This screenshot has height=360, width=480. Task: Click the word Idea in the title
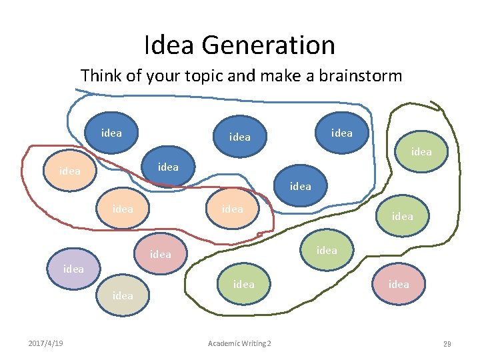point(169,45)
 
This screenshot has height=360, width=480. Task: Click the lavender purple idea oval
point(73,269)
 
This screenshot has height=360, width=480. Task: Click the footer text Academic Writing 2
point(239,343)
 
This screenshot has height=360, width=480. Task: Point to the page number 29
point(447,343)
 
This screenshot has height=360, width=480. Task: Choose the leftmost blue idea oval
point(111,133)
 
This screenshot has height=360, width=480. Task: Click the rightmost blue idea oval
point(342,133)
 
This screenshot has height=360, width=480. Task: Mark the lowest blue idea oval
point(301,186)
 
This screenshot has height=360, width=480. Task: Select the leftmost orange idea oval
point(70,171)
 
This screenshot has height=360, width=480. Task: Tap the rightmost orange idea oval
point(233,209)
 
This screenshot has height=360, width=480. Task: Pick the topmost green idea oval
point(421,151)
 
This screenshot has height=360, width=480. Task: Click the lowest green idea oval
point(243,284)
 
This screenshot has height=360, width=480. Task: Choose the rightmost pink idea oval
point(399,284)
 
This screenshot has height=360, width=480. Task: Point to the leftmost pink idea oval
point(161,254)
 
